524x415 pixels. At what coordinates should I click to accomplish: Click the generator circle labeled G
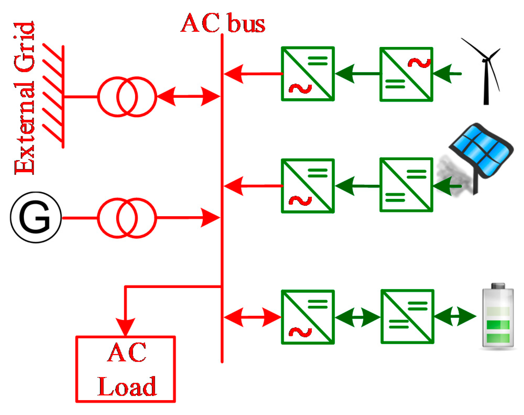coord(36,217)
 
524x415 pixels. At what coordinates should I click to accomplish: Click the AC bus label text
coord(223,24)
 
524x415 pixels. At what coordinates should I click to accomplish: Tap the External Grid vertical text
coord(24,98)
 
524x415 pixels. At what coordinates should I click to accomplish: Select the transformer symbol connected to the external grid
coord(127,97)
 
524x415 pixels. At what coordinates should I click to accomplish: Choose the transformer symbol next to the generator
coord(127,218)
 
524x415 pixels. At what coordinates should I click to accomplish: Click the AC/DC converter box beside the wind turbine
coord(406,74)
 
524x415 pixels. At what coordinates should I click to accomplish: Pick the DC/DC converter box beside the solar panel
coord(406,185)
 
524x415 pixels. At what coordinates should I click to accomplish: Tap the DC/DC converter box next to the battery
coord(407,316)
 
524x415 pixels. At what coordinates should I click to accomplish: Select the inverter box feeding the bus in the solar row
coord(307,186)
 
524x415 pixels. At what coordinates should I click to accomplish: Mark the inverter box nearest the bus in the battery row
coord(307,317)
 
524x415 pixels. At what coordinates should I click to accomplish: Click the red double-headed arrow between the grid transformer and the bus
coord(188,97)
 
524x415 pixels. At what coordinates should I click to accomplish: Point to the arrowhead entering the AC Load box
coord(126,326)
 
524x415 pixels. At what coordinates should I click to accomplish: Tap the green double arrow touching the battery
coord(455,316)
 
